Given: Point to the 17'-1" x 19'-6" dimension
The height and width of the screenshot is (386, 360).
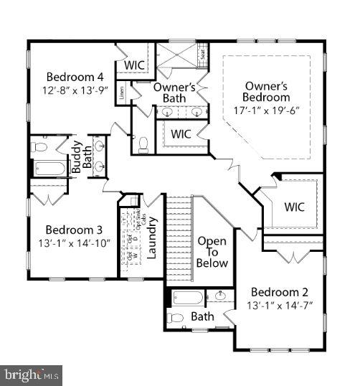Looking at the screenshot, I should pos(266,111).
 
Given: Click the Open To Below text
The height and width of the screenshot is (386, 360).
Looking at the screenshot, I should pos(212,252).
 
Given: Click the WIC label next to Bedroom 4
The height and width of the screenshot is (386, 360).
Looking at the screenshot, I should pos(134,65).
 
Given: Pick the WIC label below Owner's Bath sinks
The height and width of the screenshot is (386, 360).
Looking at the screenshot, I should pos(180,133).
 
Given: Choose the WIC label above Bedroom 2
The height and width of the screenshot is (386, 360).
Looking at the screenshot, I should pos(294,207).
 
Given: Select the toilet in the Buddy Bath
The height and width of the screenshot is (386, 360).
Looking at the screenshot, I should pos(41,148).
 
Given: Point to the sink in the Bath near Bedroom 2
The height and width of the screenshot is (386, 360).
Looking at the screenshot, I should pos(221,295).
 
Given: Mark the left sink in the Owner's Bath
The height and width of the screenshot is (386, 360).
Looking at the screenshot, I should pos(166,112).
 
